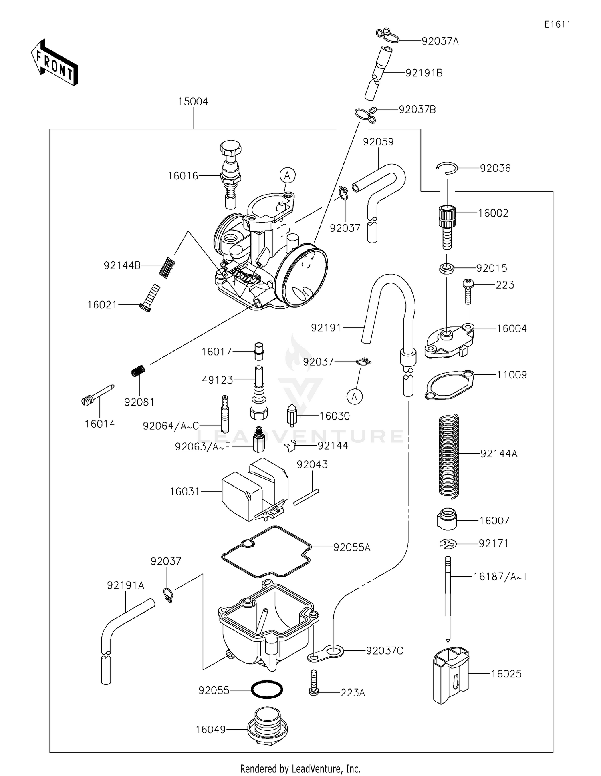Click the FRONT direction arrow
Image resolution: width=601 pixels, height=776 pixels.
[x=54, y=62]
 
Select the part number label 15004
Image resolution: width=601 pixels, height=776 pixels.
[x=193, y=101]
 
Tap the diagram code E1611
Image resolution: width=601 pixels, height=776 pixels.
[x=557, y=24]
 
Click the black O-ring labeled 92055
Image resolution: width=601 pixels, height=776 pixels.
[x=266, y=690]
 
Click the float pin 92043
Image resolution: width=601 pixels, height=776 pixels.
[x=306, y=497]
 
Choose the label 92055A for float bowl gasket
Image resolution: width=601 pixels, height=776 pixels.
[x=352, y=547]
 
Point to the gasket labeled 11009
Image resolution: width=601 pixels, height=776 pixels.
[x=449, y=385]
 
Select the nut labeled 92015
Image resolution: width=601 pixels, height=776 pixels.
[x=446, y=268]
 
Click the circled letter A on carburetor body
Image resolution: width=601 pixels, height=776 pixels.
[x=287, y=175]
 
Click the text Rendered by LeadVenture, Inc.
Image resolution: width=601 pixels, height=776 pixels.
[x=300, y=768]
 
